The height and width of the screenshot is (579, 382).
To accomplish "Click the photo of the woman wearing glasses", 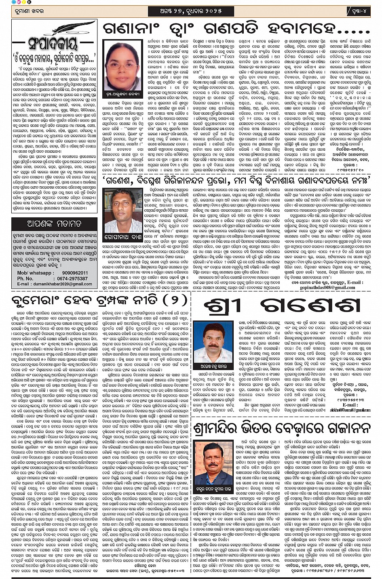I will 122,65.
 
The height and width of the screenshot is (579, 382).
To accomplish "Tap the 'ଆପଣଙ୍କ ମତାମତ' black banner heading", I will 55,223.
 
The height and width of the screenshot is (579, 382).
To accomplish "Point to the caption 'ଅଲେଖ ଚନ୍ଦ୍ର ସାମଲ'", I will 213,369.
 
